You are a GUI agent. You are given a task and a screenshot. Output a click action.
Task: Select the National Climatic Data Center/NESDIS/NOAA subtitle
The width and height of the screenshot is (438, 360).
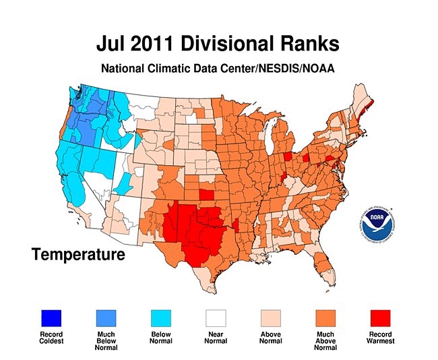point(218,68)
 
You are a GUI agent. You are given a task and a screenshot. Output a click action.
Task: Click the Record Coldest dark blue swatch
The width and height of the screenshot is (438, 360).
point(51,316)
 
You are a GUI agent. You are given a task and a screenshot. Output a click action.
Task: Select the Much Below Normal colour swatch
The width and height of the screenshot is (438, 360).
point(104,316)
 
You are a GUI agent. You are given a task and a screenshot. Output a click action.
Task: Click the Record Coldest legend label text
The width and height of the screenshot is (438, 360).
point(51,337)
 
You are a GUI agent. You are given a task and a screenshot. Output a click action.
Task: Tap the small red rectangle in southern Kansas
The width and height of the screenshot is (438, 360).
point(208,195)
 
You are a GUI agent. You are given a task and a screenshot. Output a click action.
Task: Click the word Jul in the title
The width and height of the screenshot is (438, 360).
point(113,44)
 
